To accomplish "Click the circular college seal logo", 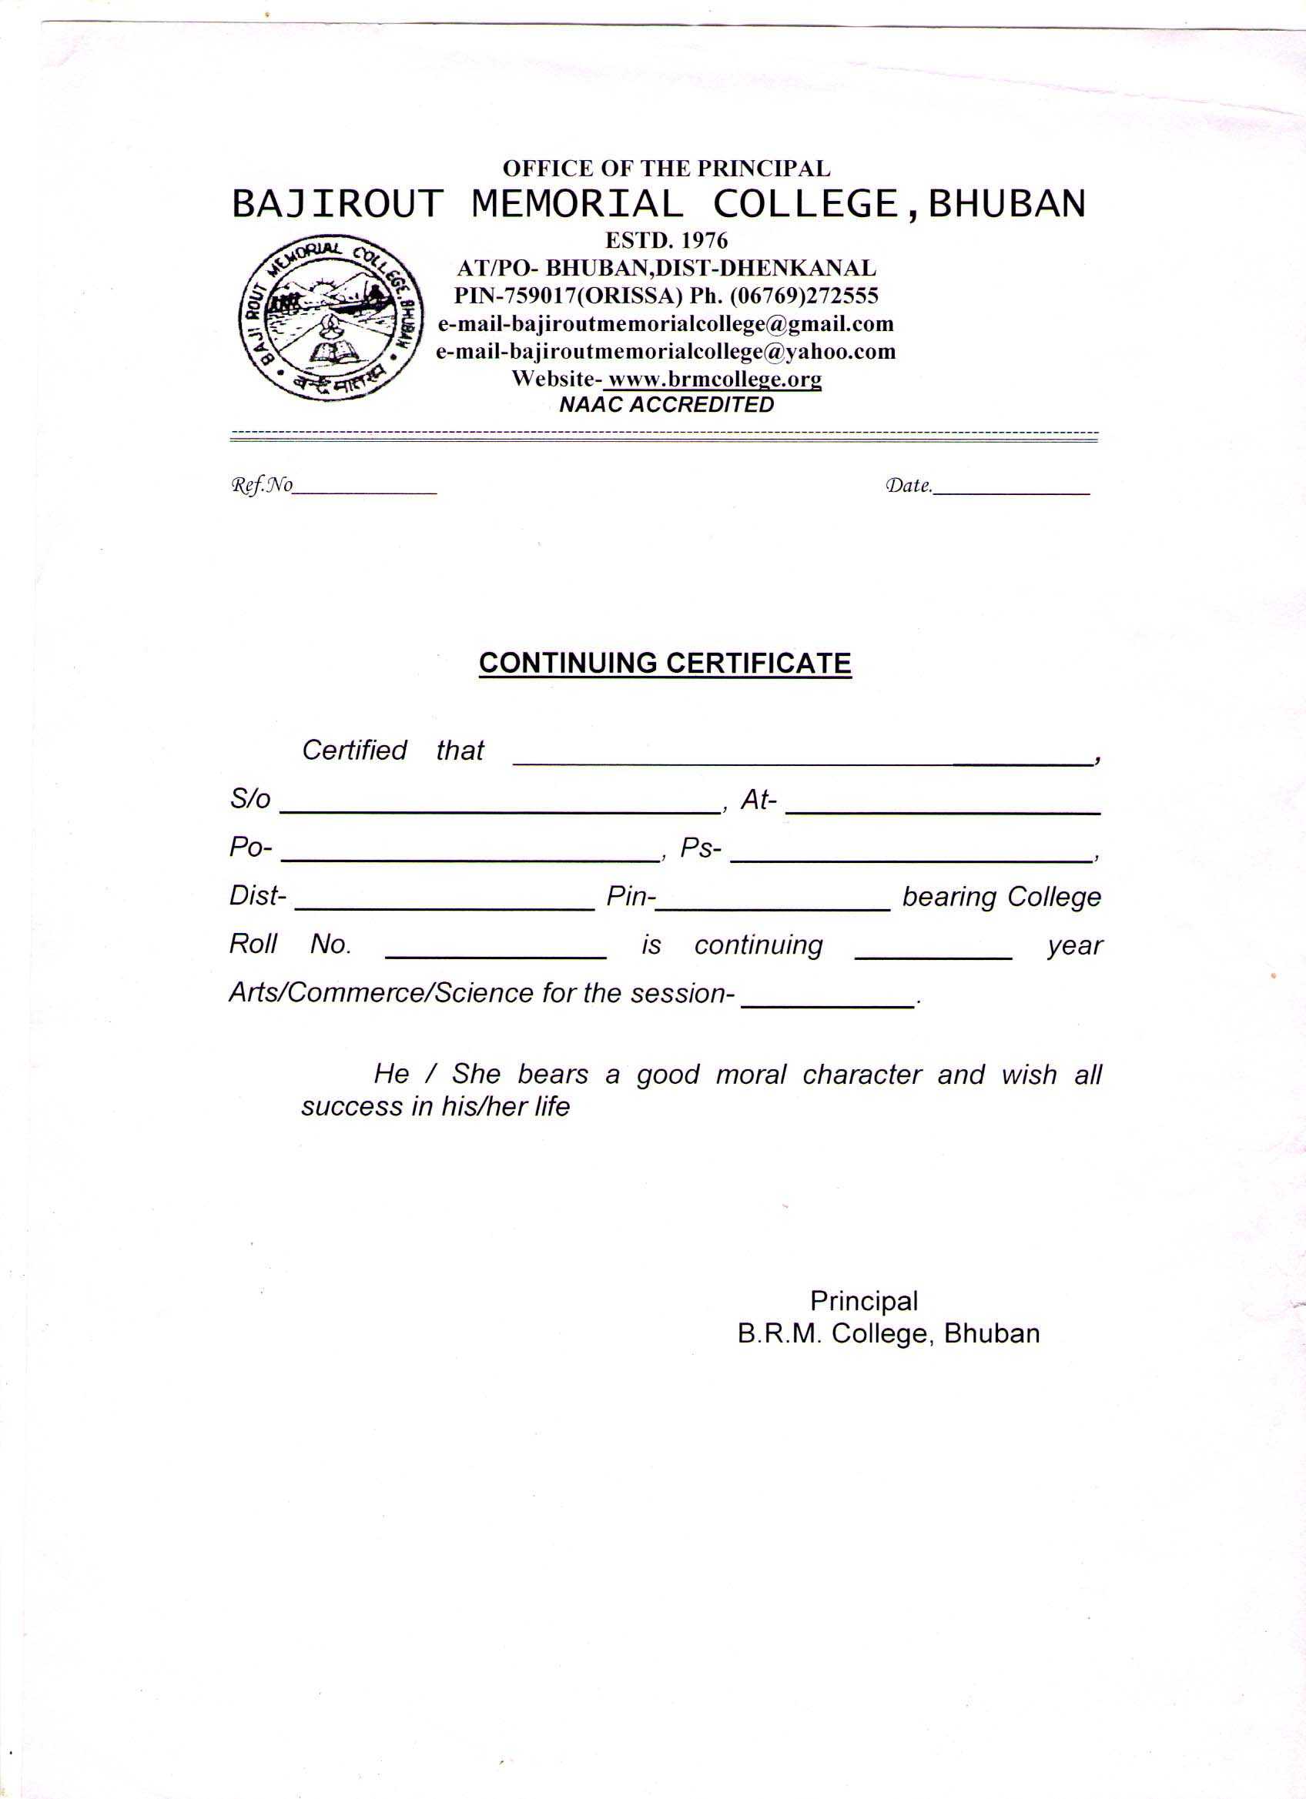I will pos(332,319).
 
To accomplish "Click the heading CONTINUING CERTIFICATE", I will pos(665,663).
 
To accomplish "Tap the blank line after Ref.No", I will pos(365,490).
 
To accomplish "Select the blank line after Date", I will pos(1011,490).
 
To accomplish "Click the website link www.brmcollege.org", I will pos(712,380).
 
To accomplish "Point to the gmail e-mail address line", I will pos(665,323).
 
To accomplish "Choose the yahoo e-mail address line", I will pos(665,351).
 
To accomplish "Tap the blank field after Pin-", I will pos(773,905).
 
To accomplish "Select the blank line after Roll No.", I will pos(496,953).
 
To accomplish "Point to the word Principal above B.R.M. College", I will pos(863,1302).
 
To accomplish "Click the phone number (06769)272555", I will pos(804,296).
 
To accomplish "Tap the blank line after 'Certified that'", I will pos(802,759).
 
